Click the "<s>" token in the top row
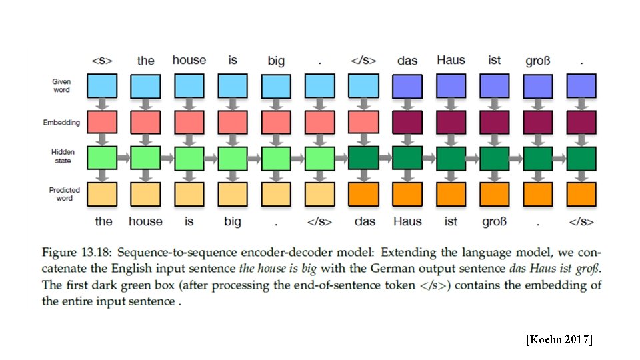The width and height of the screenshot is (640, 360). tap(102, 61)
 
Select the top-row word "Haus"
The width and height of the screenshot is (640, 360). tap(451, 60)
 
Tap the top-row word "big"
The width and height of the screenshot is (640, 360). tap(276, 61)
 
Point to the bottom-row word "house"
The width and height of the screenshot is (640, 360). tap(145, 221)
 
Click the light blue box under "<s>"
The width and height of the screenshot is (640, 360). tap(102, 86)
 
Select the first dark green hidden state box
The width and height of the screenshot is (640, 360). tap(363, 158)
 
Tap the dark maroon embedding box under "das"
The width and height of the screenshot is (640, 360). tap(407, 122)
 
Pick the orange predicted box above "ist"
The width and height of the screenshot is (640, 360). tap(451, 193)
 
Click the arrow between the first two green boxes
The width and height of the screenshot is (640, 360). tap(123, 158)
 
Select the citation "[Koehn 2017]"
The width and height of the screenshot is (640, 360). tap(558, 340)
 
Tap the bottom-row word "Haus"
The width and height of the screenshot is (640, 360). tap(407, 221)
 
